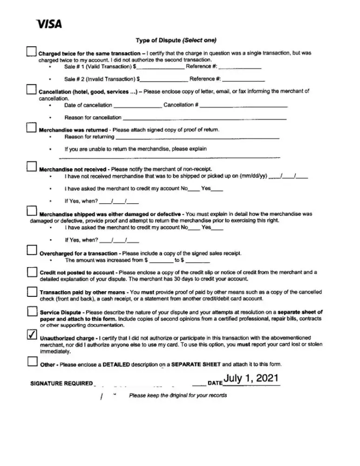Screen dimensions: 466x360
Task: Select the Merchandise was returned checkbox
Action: [31, 128]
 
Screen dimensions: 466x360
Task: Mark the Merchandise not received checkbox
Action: [31, 166]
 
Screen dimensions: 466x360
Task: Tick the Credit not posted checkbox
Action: [32, 272]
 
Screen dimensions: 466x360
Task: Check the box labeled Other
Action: [32, 362]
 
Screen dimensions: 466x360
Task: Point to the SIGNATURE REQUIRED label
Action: [61, 384]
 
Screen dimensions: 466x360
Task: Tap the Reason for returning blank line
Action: [197, 138]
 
